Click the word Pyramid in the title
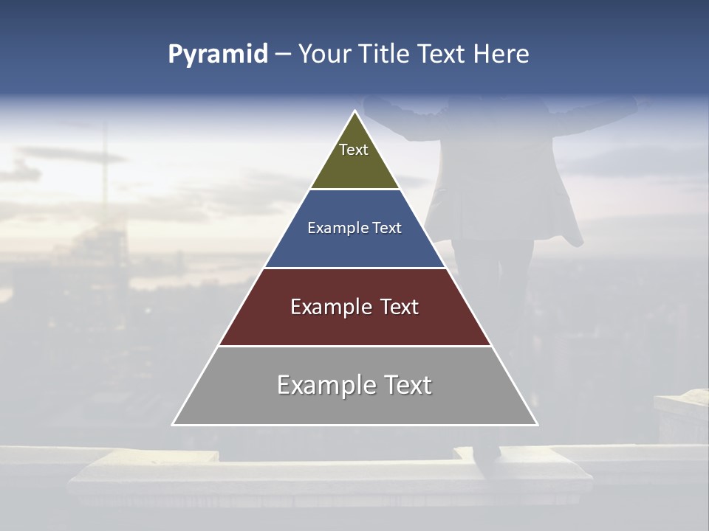coord(217,55)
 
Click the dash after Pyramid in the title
coord(282,55)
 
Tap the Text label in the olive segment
coord(354,150)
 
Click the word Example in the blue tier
coord(332,228)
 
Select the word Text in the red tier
coord(400,307)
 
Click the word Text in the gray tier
coord(408,385)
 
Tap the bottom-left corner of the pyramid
coord(174,424)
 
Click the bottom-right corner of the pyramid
coord(537,424)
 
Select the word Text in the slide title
coord(442,55)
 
